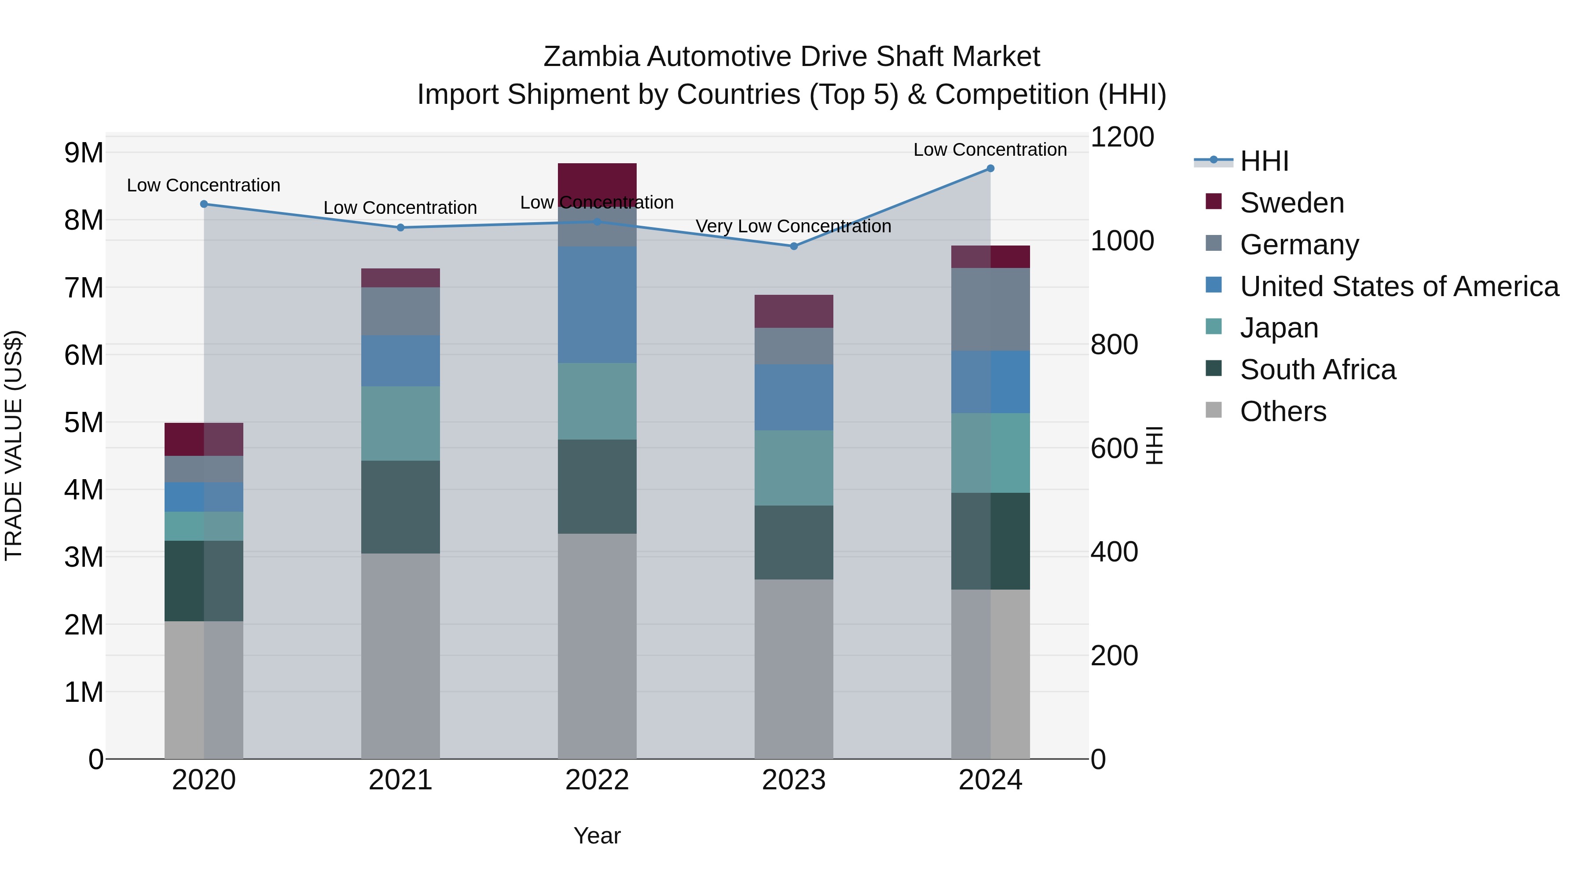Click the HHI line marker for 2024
(990, 169)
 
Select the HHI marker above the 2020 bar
(204, 204)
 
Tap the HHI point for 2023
(793, 246)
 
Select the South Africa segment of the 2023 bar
(793, 543)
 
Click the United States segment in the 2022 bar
(597, 304)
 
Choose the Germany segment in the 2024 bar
(990, 309)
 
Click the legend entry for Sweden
(1291, 203)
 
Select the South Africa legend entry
(1317, 370)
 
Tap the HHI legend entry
(1264, 161)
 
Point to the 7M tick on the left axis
(84, 288)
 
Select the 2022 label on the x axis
(597, 780)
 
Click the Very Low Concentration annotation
(793, 226)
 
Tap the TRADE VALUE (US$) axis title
(14, 445)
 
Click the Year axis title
(597, 836)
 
